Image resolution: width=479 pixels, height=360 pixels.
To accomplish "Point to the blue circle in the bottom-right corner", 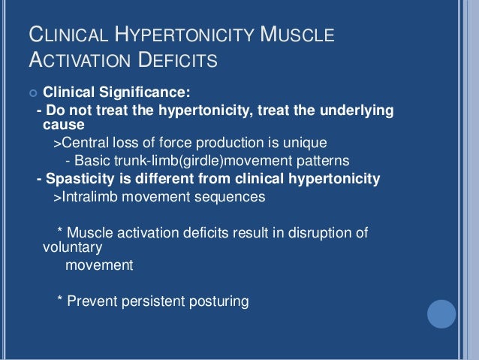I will click(441, 313).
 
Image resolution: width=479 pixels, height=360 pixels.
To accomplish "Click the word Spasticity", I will click(78, 179).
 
